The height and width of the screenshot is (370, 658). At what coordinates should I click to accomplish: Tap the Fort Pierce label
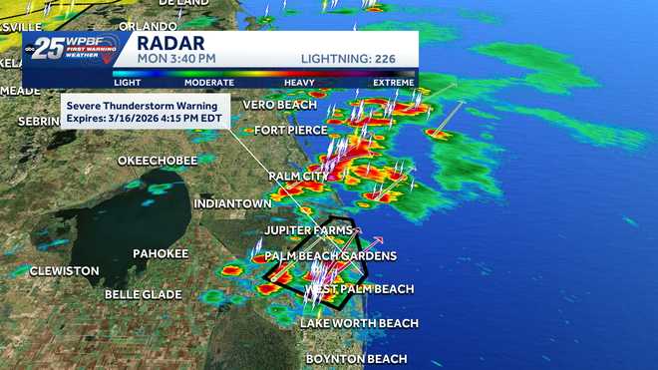pos(288,131)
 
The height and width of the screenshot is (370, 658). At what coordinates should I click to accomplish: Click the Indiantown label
pos(232,203)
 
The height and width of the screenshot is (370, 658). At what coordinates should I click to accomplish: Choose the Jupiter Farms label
pos(308,230)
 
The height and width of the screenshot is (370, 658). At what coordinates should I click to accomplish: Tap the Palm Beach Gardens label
pos(330,256)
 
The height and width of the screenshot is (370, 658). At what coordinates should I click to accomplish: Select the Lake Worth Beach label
pos(359,323)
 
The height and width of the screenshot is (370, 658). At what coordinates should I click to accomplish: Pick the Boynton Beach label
pos(356,358)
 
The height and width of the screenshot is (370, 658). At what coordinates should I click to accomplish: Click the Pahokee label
pos(161,253)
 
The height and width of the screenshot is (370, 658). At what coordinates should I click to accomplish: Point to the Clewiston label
pos(65,270)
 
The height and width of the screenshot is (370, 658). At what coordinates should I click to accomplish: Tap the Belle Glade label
pos(144,294)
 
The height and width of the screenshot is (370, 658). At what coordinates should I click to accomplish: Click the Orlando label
pos(148,25)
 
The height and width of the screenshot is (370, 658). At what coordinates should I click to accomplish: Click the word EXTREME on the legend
pos(394,83)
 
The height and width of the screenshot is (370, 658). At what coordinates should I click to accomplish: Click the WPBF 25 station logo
pos(70,49)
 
